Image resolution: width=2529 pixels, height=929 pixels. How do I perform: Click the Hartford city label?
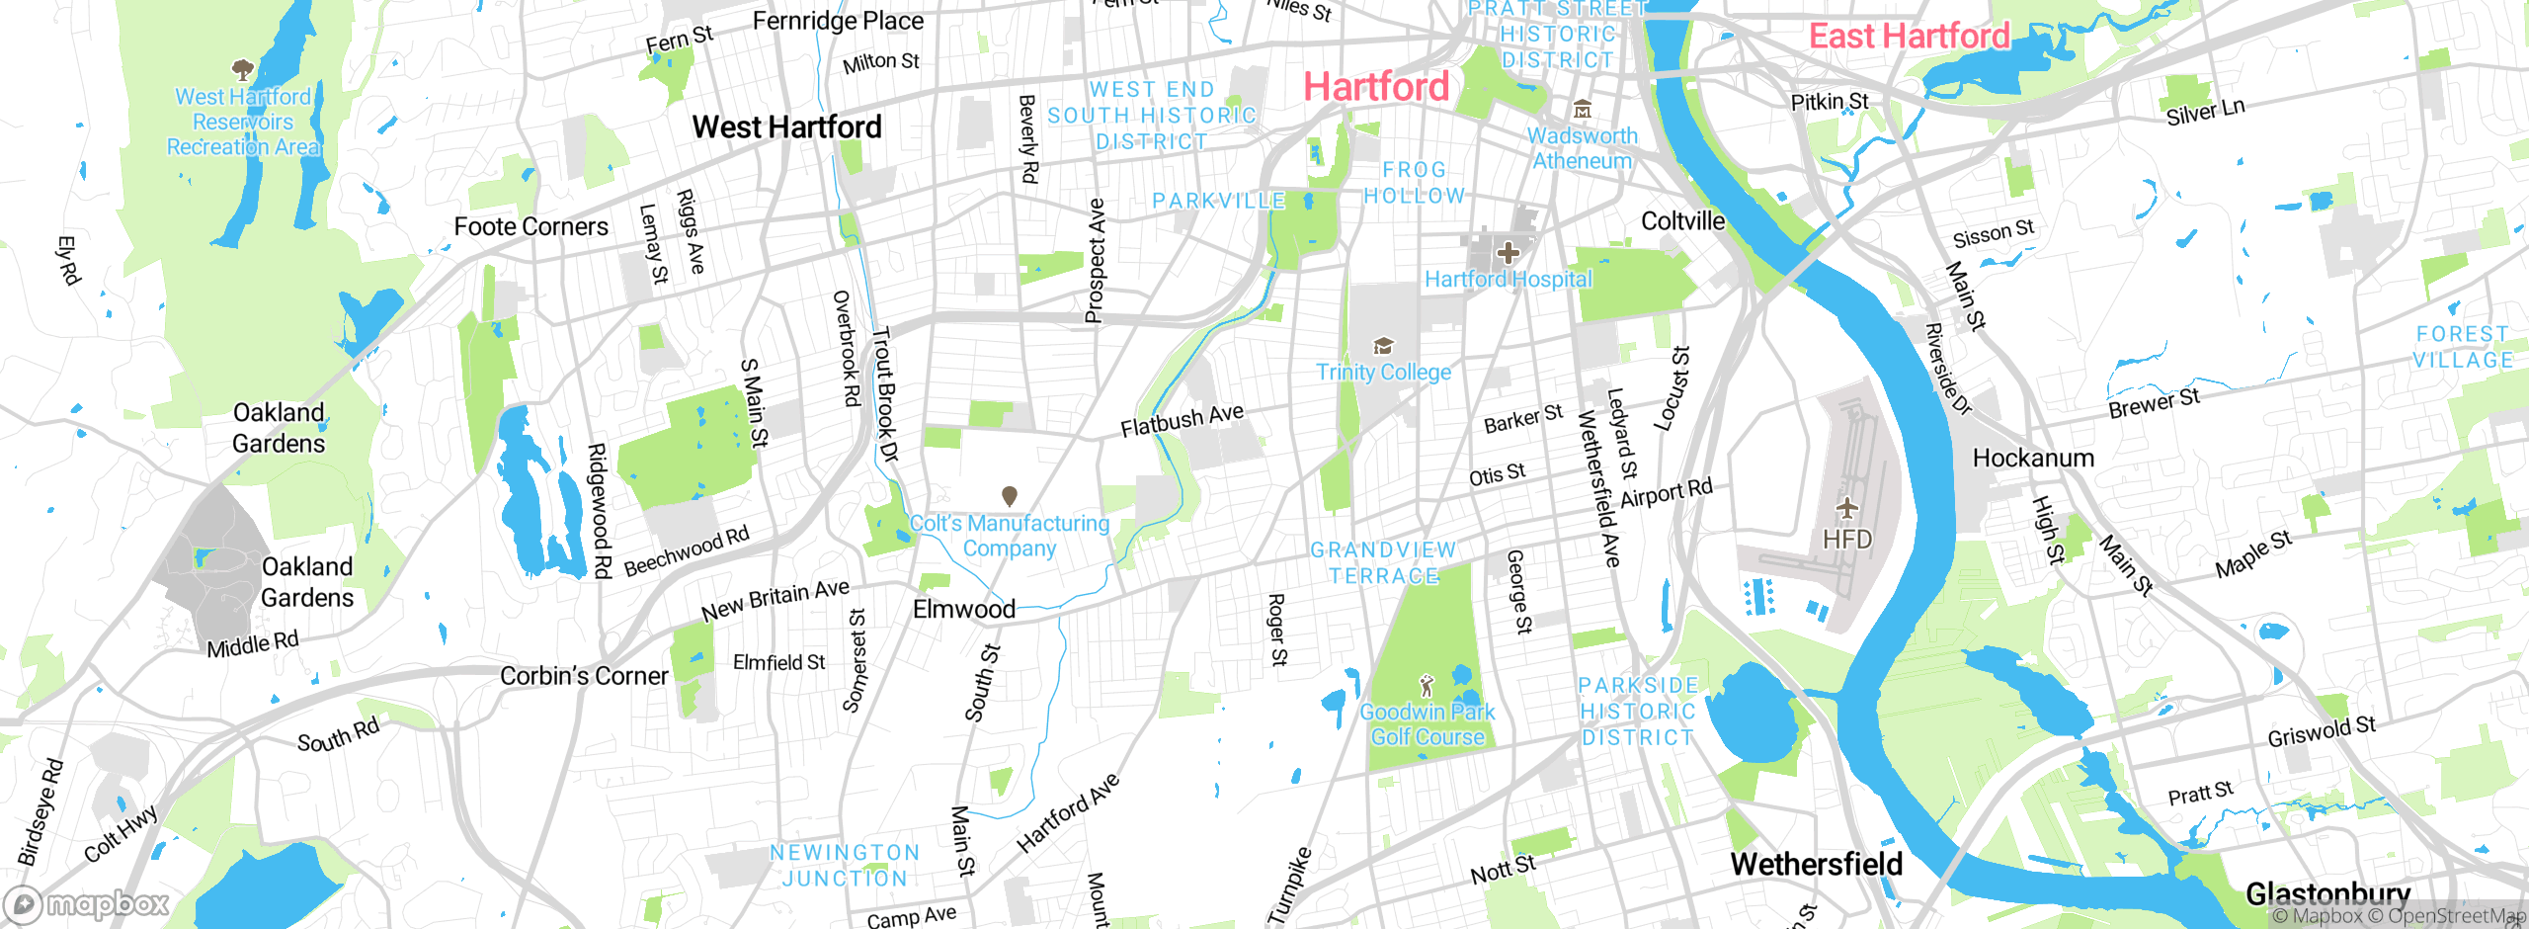coord(1376,87)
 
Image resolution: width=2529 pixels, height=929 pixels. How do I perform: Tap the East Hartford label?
coord(1909,37)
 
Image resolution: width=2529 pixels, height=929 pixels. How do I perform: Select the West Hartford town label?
coord(786,127)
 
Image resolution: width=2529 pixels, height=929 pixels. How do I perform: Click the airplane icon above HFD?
coord(1846,509)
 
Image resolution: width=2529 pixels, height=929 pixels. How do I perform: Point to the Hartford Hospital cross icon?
coord(1508,253)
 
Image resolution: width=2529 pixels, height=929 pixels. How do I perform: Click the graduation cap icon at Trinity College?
coord(1383,345)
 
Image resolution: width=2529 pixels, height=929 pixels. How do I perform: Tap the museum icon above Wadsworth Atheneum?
coord(1582,108)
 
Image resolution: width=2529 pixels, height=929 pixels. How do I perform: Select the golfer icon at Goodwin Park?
coord(1426,685)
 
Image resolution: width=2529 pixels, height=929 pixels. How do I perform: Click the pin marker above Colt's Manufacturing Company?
coord(1009,495)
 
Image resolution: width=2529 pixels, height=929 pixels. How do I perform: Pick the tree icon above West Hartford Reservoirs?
coord(242,69)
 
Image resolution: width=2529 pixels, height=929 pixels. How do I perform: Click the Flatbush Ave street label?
coord(1182,420)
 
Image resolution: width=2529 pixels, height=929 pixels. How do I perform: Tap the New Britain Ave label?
coord(775,600)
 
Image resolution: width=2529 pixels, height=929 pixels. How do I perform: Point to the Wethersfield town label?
coord(1816,864)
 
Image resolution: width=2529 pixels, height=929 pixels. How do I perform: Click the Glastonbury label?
coord(2327,893)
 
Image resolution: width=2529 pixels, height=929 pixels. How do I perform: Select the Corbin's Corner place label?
coord(584,676)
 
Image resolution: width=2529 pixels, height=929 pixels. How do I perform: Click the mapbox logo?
coord(87,903)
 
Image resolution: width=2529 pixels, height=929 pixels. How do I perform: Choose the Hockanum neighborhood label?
coord(2033,459)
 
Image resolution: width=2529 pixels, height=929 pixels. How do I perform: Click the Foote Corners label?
coord(530,227)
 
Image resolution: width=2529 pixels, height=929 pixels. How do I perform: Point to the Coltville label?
coord(1682,221)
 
